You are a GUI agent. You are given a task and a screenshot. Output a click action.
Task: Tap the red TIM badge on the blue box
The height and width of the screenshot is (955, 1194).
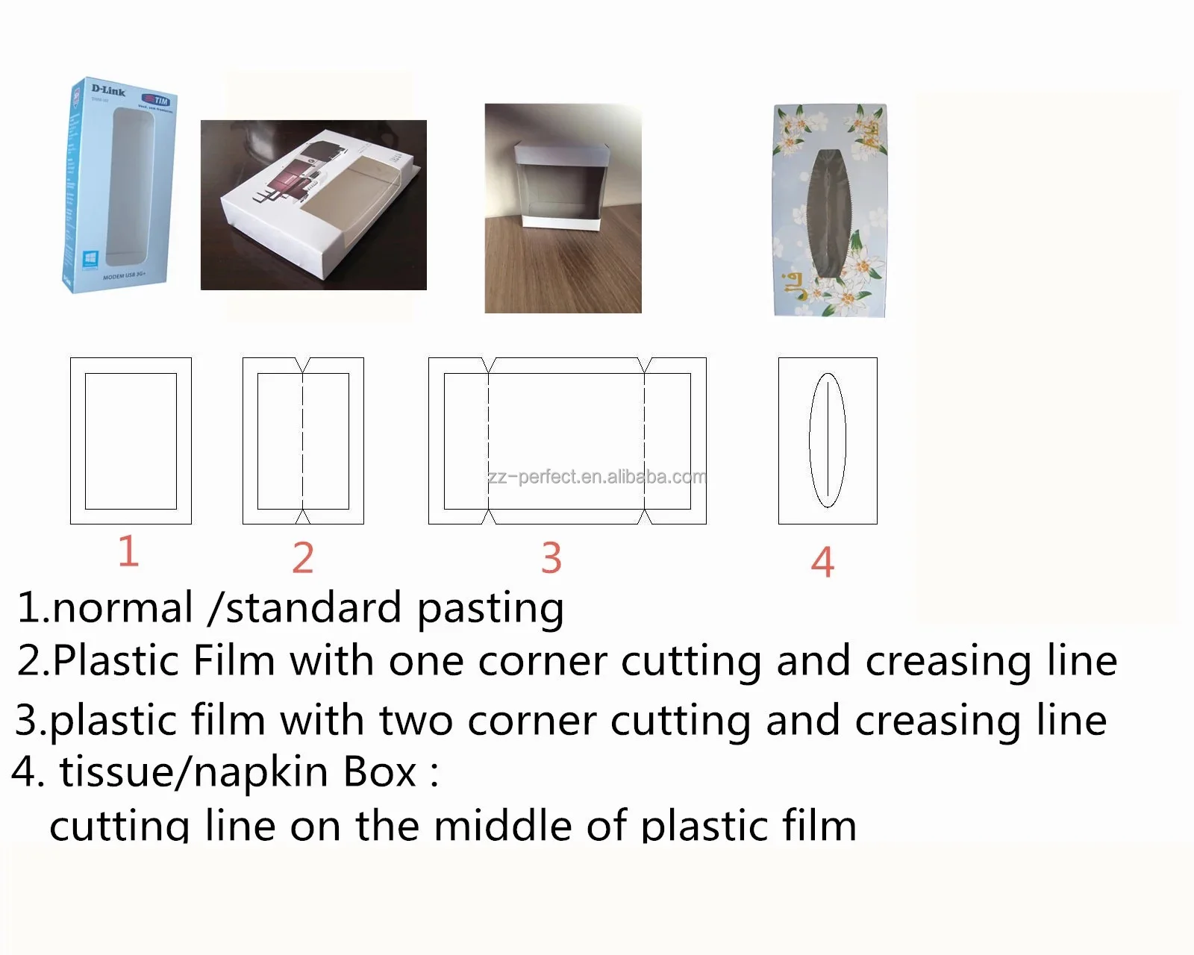[157, 100]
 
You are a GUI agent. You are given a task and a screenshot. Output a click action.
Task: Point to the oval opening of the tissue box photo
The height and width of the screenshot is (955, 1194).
[828, 213]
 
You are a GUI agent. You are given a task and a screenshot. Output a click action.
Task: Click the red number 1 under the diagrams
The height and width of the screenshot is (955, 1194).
[128, 551]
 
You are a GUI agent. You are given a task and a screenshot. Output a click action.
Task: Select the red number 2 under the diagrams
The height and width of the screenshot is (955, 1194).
[303, 558]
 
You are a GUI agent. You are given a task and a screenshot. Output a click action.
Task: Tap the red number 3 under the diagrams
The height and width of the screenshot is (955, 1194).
[551, 558]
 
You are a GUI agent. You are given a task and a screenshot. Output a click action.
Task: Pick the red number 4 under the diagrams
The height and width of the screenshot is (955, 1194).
[822, 562]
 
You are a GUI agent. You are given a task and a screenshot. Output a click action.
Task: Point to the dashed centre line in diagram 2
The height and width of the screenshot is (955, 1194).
[303, 440]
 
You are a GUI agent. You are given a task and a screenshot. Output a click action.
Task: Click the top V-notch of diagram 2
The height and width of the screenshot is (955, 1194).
[303, 365]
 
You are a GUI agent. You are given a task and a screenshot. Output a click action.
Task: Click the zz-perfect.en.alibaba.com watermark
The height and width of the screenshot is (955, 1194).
[597, 477]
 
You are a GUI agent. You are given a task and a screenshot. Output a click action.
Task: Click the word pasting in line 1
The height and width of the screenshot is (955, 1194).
[490, 609]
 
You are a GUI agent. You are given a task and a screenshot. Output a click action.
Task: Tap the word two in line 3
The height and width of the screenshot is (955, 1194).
[416, 721]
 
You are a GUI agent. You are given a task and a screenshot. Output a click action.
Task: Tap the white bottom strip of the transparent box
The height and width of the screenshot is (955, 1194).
[561, 220]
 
